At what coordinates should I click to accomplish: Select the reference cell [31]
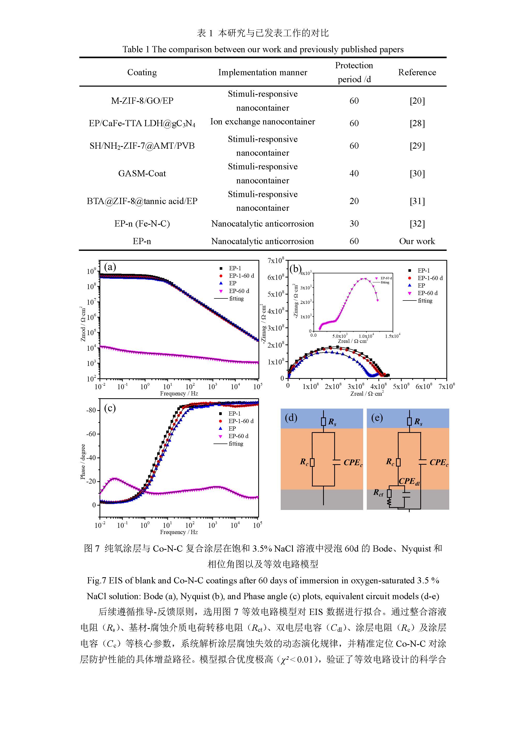tap(417, 201)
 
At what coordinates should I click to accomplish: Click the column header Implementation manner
tap(262, 72)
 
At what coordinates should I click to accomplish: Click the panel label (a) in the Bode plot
tap(110, 267)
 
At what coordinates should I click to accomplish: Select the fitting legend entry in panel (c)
tap(235, 444)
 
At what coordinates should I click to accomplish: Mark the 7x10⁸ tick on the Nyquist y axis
tap(276, 260)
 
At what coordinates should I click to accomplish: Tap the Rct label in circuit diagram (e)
tap(378, 493)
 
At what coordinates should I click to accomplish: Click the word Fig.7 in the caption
tap(96, 580)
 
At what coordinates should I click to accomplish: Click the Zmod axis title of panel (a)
tap(83, 324)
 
